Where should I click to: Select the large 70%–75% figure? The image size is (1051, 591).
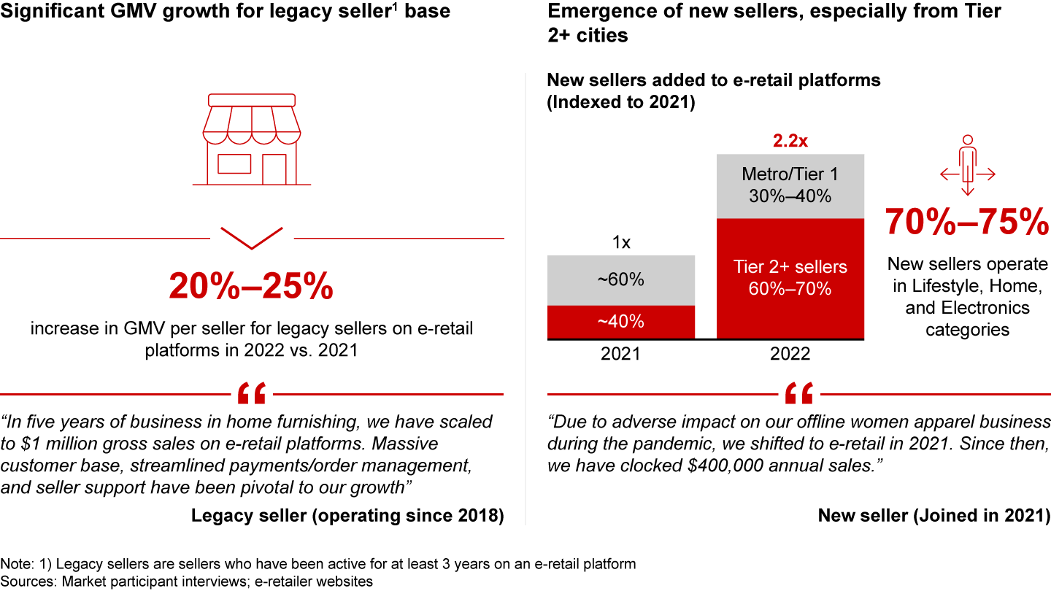[x=967, y=223]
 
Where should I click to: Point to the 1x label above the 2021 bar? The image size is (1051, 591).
[x=621, y=243]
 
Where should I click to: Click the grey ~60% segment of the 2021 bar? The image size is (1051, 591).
[x=621, y=280]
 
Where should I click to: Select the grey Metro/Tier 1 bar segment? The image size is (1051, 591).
[x=790, y=186]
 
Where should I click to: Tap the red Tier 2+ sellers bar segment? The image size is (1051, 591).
[x=790, y=278]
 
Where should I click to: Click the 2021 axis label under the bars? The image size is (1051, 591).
[x=621, y=355]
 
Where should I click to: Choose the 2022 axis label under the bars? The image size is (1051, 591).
[x=790, y=355]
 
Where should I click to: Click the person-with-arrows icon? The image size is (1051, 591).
[x=968, y=166]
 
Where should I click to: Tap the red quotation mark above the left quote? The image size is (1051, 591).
[x=251, y=394]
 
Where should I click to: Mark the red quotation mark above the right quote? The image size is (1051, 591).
[x=798, y=394]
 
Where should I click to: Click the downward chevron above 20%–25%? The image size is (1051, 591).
[x=251, y=237]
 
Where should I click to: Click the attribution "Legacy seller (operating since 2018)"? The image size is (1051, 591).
[x=347, y=516]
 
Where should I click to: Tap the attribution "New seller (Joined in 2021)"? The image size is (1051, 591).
[x=934, y=516]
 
